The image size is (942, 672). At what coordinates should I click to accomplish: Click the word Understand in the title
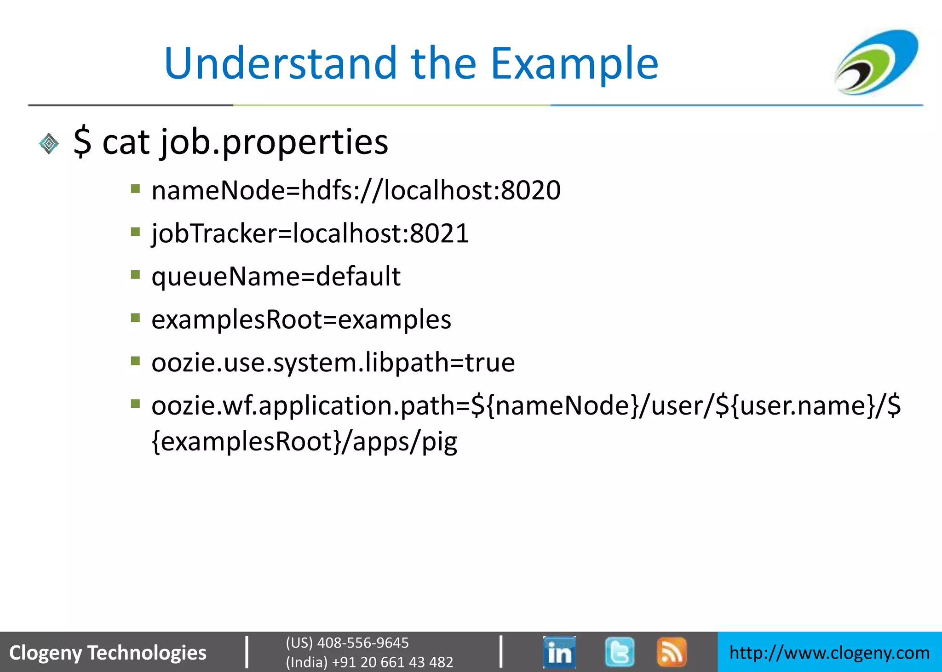coord(280,63)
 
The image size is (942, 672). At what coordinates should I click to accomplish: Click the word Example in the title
coord(574,64)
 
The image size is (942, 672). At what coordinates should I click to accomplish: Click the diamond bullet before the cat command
coord(49,144)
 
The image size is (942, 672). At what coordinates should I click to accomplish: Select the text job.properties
coord(274,142)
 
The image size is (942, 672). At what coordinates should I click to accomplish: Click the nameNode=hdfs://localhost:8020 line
coord(356,190)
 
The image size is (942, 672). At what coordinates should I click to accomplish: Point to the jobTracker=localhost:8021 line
coord(310,233)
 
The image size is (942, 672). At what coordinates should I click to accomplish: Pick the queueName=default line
coord(276,276)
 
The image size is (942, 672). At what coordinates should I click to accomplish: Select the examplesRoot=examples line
coord(301,319)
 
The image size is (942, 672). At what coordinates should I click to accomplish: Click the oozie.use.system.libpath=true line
coord(333,362)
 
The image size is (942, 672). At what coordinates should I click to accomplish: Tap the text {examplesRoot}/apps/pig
coord(304,441)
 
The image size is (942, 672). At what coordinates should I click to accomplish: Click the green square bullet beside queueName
coord(135,275)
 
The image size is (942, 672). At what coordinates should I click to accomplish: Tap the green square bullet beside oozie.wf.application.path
coord(135,404)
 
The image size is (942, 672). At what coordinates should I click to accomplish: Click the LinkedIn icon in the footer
coord(559,652)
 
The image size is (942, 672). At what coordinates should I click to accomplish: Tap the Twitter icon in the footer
coord(620,652)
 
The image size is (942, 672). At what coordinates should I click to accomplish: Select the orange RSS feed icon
coord(672,652)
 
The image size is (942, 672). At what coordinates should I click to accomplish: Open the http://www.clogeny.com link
coord(829,653)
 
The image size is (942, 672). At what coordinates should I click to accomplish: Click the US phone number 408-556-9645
coord(362,643)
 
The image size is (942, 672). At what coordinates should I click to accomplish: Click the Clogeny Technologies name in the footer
coord(108,653)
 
